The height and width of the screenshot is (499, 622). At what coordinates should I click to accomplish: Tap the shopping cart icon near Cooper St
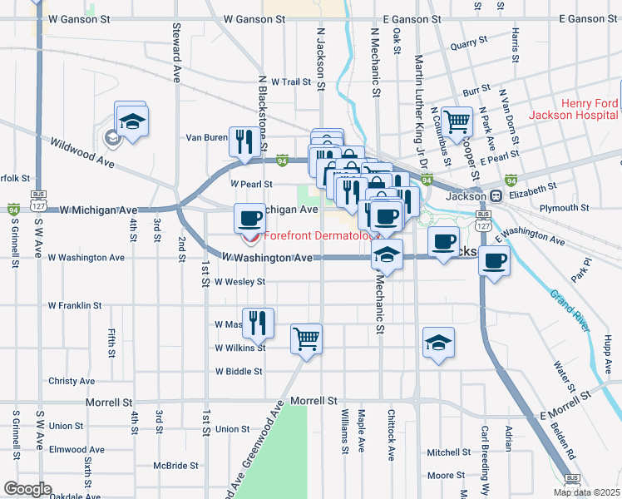(457, 121)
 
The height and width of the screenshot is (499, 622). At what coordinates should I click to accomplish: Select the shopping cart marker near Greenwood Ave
(307, 338)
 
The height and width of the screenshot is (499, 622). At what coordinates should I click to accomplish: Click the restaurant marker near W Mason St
(258, 322)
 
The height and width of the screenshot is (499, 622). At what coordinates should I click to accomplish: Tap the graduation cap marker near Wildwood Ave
(131, 121)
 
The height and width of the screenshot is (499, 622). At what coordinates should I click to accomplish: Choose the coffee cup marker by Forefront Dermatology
(250, 219)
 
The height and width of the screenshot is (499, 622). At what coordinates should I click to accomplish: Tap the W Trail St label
(289, 82)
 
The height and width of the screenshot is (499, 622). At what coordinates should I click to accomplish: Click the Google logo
(27, 489)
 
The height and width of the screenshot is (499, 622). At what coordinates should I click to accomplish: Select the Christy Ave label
(72, 380)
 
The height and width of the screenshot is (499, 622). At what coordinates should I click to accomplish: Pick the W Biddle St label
(239, 372)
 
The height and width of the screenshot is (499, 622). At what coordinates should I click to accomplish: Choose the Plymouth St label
(564, 207)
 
